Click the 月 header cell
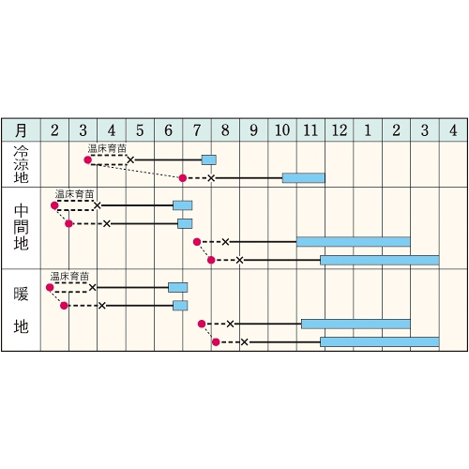point(21,130)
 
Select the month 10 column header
point(282,130)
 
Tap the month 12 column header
point(340,130)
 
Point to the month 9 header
point(254,130)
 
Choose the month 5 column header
point(140,130)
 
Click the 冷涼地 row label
point(21,164)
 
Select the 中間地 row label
point(21,227)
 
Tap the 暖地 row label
point(21,310)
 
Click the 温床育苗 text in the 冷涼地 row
point(107,149)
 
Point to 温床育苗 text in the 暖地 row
point(69,277)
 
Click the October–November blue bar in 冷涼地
point(304,178)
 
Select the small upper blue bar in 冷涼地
point(209,159)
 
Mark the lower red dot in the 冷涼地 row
point(183,178)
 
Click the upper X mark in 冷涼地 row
point(130,160)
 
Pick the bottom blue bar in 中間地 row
point(380,260)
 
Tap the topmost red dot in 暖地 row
point(50,288)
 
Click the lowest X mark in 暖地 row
point(245,342)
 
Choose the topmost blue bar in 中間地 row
point(183,205)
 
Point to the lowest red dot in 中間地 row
point(211,260)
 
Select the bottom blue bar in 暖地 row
point(380,342)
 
